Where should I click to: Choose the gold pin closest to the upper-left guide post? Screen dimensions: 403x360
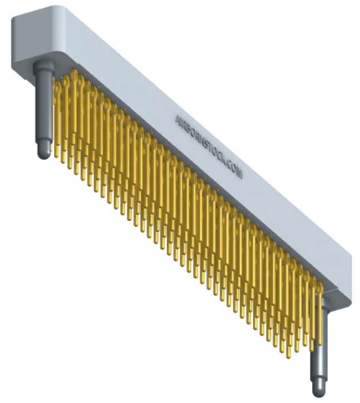coord(56,111)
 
